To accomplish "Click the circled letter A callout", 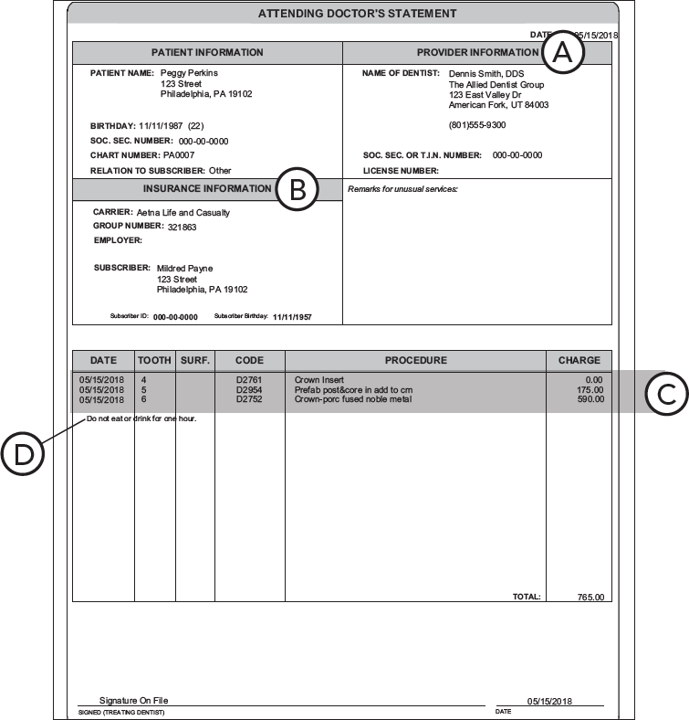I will click(563, 53).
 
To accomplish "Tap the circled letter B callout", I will click(297, 189).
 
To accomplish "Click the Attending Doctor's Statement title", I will click(344, 14).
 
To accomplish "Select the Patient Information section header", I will click(207, 53).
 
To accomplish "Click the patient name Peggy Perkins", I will click(189, 72).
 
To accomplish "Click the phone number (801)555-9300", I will click(476, 124).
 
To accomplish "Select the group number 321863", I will click(182, 227).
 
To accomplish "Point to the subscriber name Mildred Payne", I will click(185, 269).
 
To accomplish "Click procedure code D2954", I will click(248, 389).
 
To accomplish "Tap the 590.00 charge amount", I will click(590, 399).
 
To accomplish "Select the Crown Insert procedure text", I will click(318, 379).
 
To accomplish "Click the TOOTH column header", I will click(154, 360).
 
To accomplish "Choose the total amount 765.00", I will click(590, 598).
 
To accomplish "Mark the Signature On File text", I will click(133, 701).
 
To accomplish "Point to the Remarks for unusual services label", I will click(402, 189).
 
